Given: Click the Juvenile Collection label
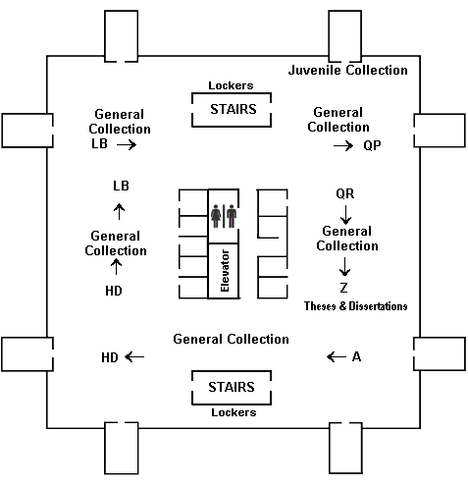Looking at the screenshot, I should [x=348, y=70].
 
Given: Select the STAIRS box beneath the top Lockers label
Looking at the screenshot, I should [x=233, y=109].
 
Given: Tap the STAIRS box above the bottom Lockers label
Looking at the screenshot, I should [x=233, y=386].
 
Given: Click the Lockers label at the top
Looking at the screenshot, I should [x=233, y=86].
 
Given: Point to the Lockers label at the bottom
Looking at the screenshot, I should [x=234, y=412].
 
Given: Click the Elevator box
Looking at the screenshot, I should [x=225, y=271].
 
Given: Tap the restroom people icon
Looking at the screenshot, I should [x=224, y=215].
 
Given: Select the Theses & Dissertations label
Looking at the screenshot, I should [x=355, y=306].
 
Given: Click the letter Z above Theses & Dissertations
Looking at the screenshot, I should [x=343, y=289].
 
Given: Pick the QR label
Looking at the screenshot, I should [x=344, y=193].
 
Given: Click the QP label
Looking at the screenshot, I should [x=372, y=144].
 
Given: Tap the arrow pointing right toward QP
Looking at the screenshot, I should [x=342, y=144].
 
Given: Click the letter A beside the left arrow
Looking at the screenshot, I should [x=356, y=356].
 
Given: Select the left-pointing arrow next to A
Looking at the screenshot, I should [x=335, y=356].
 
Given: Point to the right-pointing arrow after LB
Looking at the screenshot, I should [x=125, y=143].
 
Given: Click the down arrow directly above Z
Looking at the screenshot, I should [x=344, y=268].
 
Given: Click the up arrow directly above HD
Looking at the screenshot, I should [x=116, y=268].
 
